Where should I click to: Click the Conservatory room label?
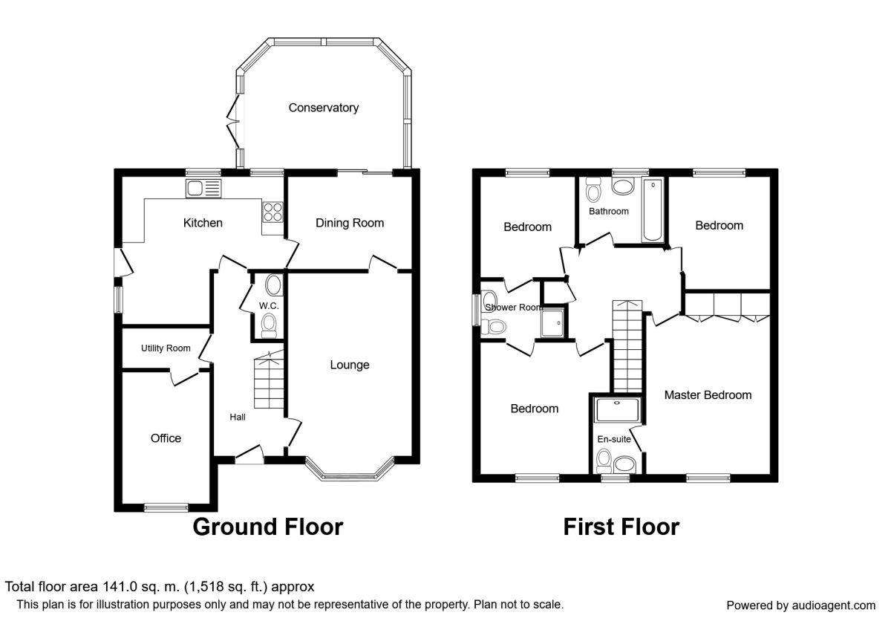[324, 108]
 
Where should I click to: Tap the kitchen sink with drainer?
[203, 188]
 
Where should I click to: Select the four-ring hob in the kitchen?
[273, 212]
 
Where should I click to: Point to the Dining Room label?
[350, 223]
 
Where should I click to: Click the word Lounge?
[350, 365]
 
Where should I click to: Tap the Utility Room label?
[166, 348]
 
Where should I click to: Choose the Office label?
[166, 438]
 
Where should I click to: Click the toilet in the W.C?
[270, 325]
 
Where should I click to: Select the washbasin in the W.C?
[274, 285]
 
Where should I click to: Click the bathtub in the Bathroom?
[653, 210]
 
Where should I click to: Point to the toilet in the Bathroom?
[593, 190]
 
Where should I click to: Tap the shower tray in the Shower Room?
[552, 322]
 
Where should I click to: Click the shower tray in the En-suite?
[617, 409]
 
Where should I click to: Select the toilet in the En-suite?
[604, 461]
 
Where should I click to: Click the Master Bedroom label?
[708, 394]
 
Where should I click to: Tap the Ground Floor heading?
[268, 527]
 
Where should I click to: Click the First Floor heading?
[621, 527]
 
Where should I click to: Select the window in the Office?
[166, 507]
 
